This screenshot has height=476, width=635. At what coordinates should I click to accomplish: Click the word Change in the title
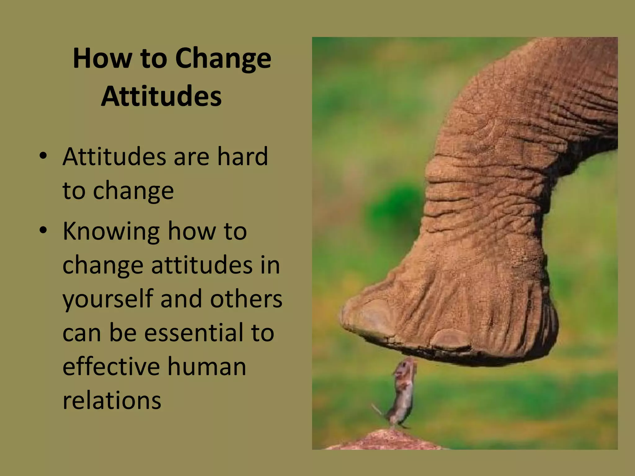pos(223,59)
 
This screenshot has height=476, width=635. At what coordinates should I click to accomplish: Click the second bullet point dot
pos(43,230)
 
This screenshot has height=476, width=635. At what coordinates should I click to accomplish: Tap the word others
pos(246,299)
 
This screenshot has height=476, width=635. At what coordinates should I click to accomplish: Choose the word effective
pos(111,367)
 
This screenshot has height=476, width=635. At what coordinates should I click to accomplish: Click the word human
pos(207,367)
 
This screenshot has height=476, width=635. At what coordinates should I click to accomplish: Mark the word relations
pos(112,400)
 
